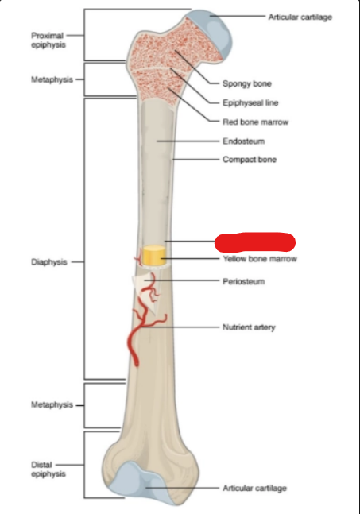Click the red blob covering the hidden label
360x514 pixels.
255,242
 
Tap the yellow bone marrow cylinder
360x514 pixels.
154,255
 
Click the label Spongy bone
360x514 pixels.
247,83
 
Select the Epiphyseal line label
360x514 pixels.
250,102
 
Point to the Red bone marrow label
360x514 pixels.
255,122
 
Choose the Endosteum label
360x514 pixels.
244,141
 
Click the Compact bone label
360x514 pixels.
250,160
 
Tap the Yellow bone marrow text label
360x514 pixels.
260,259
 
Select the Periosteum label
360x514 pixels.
244,281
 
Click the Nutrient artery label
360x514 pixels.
249,327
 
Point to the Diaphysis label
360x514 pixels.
48,262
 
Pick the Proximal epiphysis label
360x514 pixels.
48,40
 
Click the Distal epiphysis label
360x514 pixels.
48,469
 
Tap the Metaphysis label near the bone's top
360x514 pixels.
52,79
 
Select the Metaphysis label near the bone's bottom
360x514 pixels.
52,405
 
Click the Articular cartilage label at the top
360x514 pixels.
300,17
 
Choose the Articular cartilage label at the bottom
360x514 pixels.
255,488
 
